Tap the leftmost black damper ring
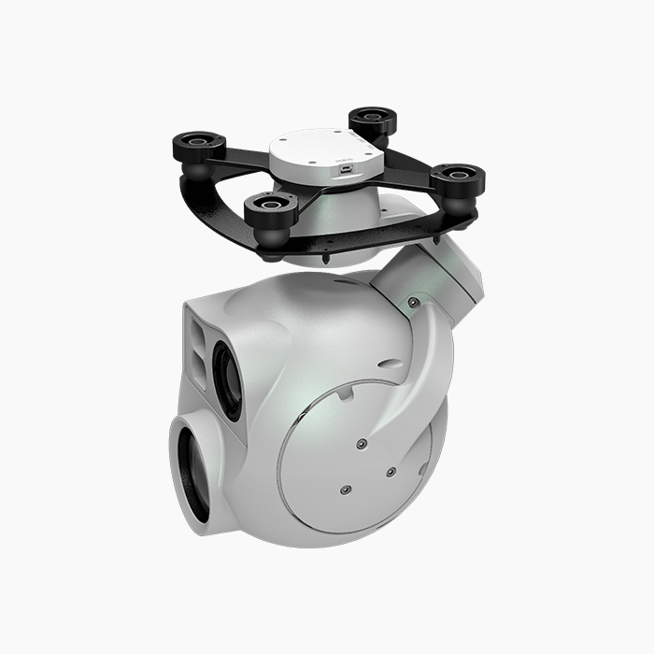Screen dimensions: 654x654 (x=199, y=144)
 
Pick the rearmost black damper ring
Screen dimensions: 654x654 (x=373, y=119)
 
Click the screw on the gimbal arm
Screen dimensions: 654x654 (x=413, y=302)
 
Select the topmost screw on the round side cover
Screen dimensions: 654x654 (x=361, y=443)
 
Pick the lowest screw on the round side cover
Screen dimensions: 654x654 (x=345, y=489)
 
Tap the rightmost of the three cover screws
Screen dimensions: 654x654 (x=391, y=472)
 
